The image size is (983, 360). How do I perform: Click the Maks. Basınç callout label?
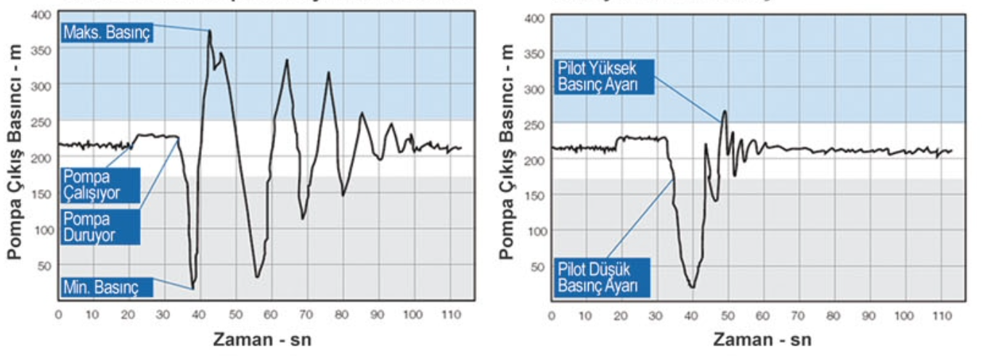pos(106,33)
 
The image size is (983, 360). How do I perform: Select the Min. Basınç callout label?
pos(106,288)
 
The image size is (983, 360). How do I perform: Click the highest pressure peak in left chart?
pos(210,30)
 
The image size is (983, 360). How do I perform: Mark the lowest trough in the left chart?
pos(192,287)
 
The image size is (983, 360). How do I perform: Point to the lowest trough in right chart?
pos(693,287)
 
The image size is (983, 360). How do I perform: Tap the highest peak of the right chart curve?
pos(724,111)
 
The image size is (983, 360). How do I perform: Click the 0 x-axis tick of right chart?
pos(552,316)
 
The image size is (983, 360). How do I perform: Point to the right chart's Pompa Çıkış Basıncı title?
pos(509,157)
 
